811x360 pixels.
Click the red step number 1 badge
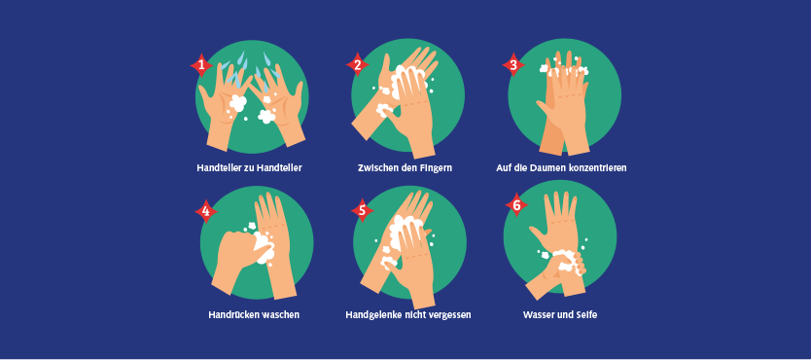tap(201, 65)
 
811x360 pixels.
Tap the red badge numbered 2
tap(358, 64)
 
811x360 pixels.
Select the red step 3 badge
tap(513, 64)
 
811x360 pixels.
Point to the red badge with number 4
tap(206, 211)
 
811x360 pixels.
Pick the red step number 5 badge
tap(362, 210)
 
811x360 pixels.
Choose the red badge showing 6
tap(516, 205)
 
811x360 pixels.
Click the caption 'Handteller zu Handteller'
tap(249, 168)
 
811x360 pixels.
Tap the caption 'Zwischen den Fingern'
tap(405, 168)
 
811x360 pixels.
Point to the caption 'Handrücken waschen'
tap(254, 314)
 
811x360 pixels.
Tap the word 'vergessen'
tap(450, 315)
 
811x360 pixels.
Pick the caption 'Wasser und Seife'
tap(560, 314)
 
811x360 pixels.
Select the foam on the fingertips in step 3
tap(564, 68)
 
